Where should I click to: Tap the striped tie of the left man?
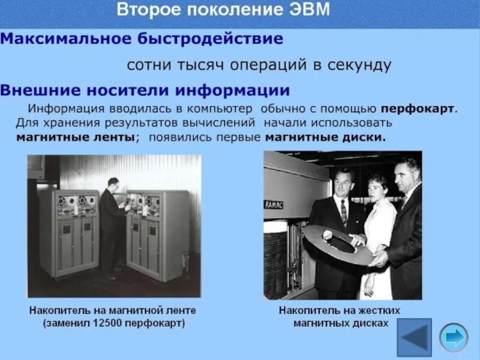click(343, 211)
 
